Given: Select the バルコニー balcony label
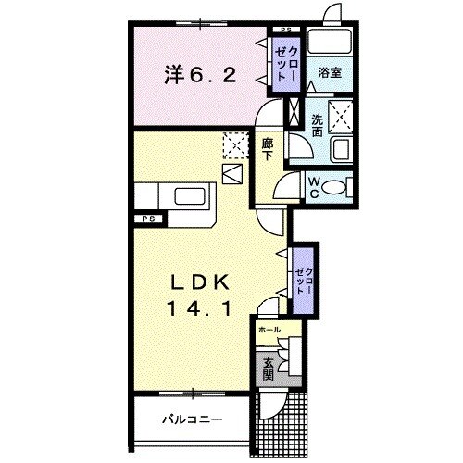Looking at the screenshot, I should point(192,419).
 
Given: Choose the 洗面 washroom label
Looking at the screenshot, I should point(316,126).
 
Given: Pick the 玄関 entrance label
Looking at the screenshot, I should point(267,368).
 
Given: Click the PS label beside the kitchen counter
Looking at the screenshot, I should point(147,219).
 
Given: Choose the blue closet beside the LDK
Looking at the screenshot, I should point(303,272).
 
